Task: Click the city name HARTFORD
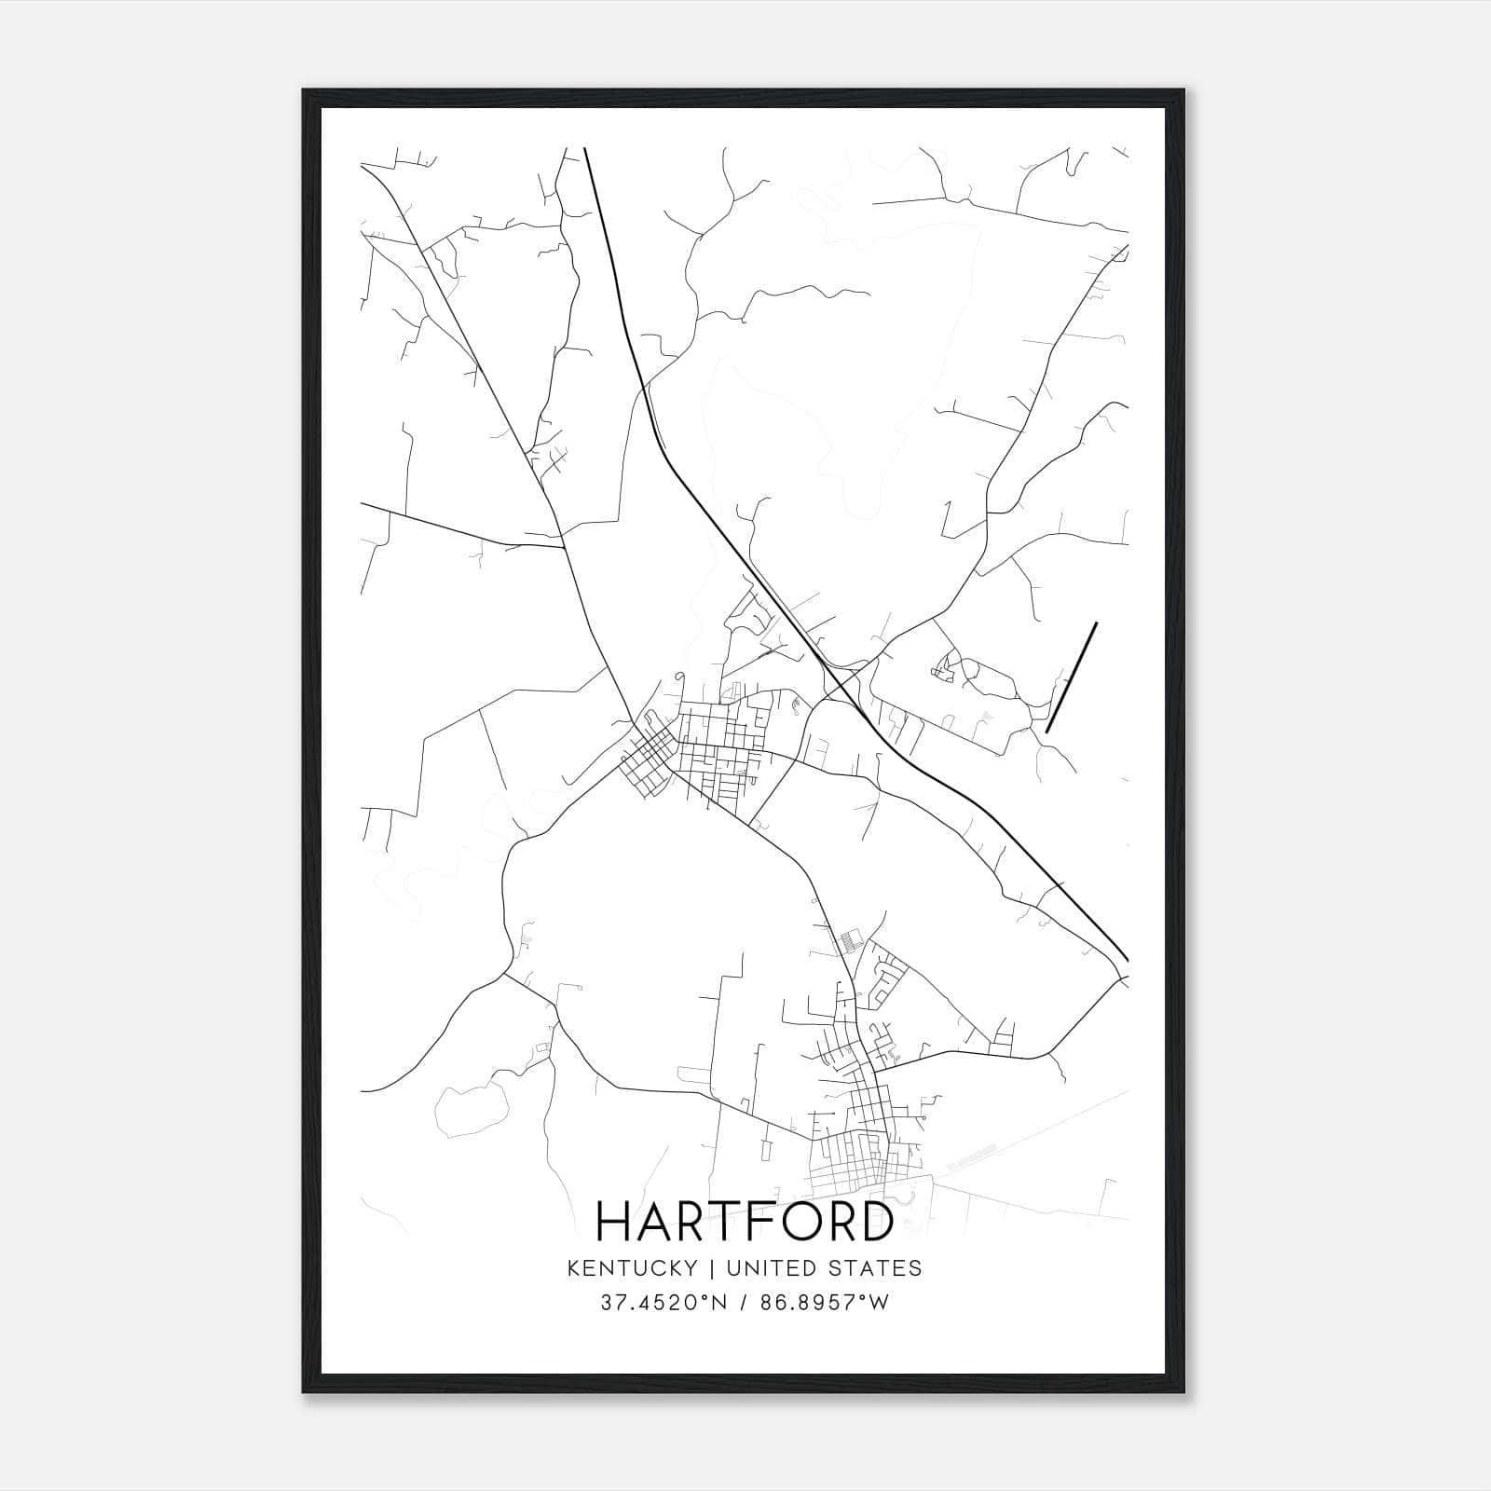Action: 745,1222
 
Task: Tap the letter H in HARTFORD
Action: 616,1222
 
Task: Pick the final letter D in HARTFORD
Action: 875,1222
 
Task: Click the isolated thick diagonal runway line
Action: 1072,677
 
